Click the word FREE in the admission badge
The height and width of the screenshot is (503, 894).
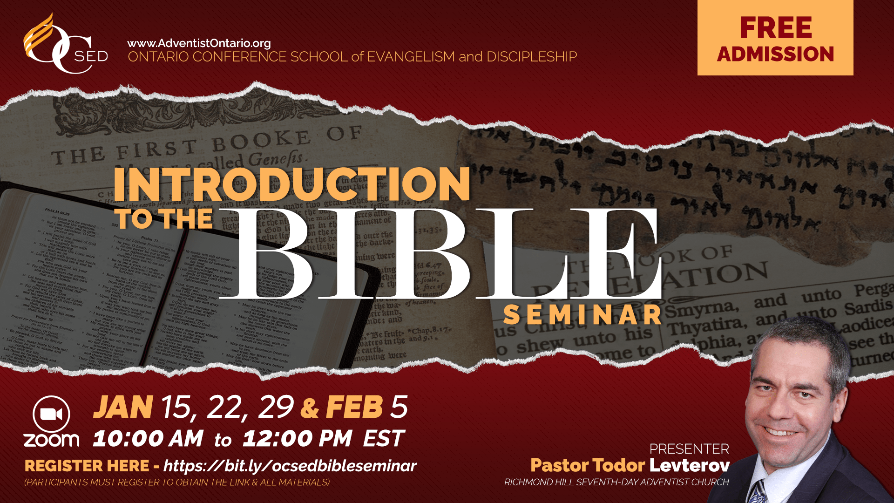pyautogui.click(x=776, y=28)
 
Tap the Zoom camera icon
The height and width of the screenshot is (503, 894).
pyautogui.click(x=51, y=415)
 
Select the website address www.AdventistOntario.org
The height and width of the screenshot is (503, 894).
pyautogui.click(x=199, y=43)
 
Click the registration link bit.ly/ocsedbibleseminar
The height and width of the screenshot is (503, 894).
pyautogui.click(x=290, y=466)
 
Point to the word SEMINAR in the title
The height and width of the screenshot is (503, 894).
pyautogui.click(x=582, y=315)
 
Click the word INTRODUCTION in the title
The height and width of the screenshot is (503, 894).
pyautogui.click(x=292, y=184)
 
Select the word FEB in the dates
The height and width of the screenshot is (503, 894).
pyautogui.click(x=354, y=407)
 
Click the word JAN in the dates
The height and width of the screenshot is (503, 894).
pyautogui.click(x=123, y=407)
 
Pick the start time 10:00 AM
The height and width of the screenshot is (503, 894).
pyautogui.click(x=148, y=439)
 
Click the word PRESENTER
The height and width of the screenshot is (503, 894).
pyautogui.click(x=689, y=449)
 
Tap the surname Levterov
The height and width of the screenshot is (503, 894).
pyautogui.click(x=690, y=465)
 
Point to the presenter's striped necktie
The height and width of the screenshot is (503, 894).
pyautogui.click(x=758, y=491)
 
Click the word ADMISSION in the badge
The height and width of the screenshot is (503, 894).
pyautogui.click(x=776, y=54)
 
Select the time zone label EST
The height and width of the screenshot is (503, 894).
pyautogui.click(x=384, y=439)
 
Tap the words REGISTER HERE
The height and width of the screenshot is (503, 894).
pyautogui.click(x=87, y=466)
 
